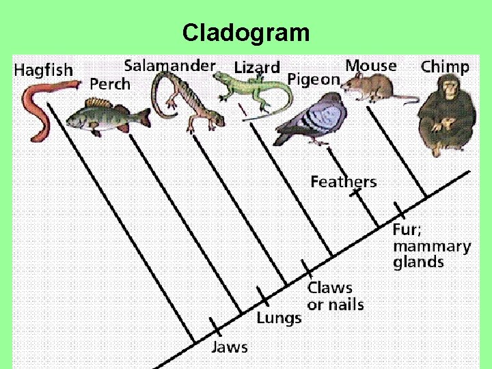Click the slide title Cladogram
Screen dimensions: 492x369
tap(246, 32)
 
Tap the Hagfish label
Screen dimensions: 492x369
tap(43, 70)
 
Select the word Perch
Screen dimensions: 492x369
tap(109, 84)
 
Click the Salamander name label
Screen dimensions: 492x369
tap(169, 66)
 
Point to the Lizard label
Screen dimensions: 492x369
tap(256, 68)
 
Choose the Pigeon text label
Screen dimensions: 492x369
tap(314, 79)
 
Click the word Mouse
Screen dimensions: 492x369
tap(370, 66)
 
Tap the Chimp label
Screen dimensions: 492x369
tap(445, 66)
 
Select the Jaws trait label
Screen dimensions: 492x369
tap(230, 346)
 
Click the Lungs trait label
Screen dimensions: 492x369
tap(279, 318)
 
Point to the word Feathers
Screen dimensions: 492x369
tap(343, 182)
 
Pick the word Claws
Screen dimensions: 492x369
tap(330, 288)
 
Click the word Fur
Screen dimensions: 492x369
tap(407, 230)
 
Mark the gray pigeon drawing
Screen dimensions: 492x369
tap(311, 118)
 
